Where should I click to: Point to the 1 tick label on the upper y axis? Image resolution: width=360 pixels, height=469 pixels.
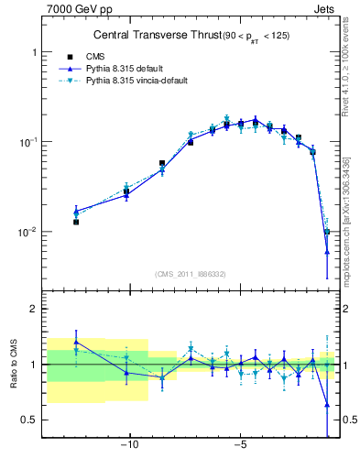(x=34, y=53)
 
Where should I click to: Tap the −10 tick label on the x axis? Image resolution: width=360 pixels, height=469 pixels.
(x=130, y=447)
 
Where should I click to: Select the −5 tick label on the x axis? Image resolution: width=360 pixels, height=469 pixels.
(x=240, y=447)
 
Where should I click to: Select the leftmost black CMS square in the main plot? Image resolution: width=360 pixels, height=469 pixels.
(x=76, y=222)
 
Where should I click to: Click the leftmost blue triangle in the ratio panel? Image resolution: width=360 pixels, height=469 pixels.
(x=76, y=342)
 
